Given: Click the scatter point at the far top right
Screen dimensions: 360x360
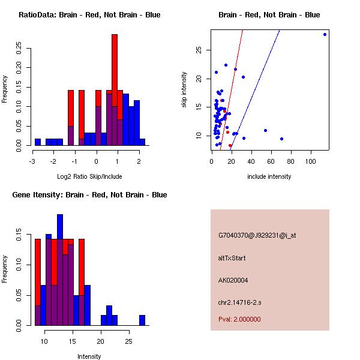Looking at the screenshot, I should [x=325, y=34].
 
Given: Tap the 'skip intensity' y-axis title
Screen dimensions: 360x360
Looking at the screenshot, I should [x=184, y=90].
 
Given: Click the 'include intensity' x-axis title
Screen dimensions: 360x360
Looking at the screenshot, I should [x=269, y=176].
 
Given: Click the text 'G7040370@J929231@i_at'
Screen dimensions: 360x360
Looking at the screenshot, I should [x=257, y=235].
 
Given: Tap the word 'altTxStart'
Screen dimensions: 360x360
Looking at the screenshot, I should [x=232, y=258].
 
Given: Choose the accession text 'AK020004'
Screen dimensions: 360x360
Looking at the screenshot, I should [x=233, y=280].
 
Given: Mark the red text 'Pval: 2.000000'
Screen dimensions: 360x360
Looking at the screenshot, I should [x=239, y=319].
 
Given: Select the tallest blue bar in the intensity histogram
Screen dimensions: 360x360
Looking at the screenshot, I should [x=60, y=270].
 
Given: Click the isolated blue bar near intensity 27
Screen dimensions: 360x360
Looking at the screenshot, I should [x=142, y=320].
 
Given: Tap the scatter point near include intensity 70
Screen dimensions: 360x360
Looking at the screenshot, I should [x=281, y=139].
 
